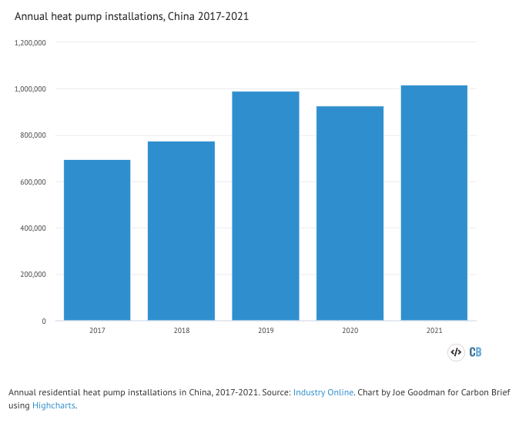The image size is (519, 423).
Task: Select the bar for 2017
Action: pyautogui.click(x=97, y=240)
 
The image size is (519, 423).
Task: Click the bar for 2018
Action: pyautogui.click(x=181, y=231)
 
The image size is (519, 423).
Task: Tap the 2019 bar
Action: pyautogui.click(x=266, y=206)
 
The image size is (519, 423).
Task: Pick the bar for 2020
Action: pyautogui.click(x=350, y=213)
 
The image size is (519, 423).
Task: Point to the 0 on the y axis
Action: pyautogui.click(x=44, y=321)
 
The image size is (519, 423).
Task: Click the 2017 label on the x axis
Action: pyautogui.click(x=97, y=331)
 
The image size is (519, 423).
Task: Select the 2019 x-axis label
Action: pyautogui.click(x=266, y=331)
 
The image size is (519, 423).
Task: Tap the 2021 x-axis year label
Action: pyautogui.click(x=434, y=331)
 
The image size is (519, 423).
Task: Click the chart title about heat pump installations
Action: pyautogui.click(x=132, y=16)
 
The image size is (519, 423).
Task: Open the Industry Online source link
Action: pyautogui.click(x=323, y=392)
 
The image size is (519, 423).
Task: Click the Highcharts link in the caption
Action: pyautogui.click(x=54, y=405)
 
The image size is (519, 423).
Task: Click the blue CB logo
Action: pyautogui.click(x=475, y=352)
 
